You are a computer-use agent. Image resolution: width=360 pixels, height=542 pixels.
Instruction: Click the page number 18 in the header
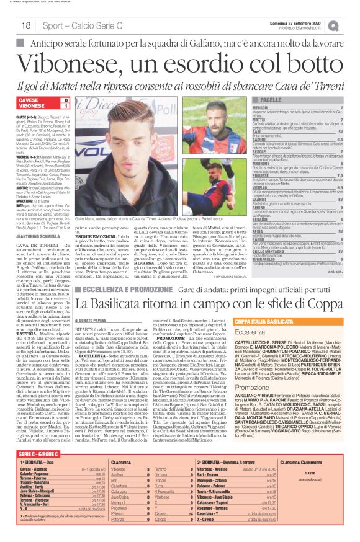[x=26, y=26]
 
